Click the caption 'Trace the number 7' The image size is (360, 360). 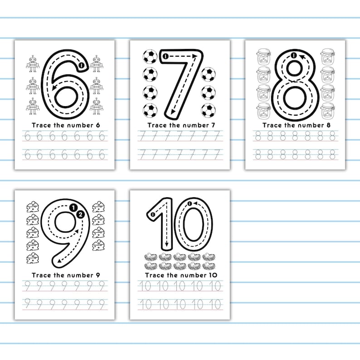[180, 125]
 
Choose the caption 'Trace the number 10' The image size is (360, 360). [180, 275]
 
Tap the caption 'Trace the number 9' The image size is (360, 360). [64, 275]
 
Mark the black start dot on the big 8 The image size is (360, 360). [294, 55]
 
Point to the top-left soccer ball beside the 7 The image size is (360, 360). [150, 57]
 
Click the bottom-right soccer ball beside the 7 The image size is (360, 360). [208, 110]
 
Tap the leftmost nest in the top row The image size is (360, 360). [151, 257]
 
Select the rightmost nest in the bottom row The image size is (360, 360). [209, 266]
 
